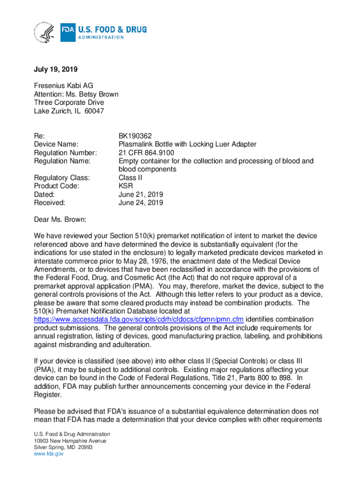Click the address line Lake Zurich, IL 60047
[69, 111]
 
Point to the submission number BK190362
[135, 136]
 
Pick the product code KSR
[126, 186]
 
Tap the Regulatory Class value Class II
[130, 178]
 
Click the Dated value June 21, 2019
[141, 195]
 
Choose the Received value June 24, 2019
[141, 203]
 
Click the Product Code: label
[57, 186]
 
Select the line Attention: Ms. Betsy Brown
[76, 94]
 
